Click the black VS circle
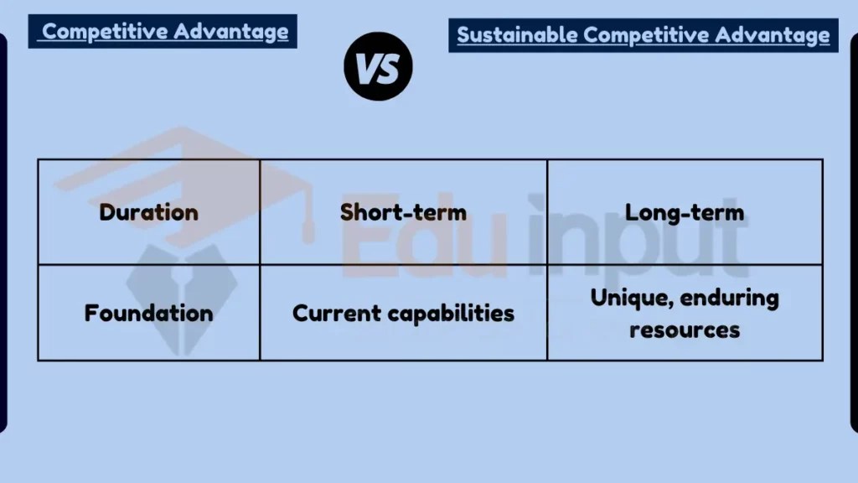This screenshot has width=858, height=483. coord(378,67)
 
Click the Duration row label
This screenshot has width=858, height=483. coord(148,212)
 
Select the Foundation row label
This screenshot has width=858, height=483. coord(148,314)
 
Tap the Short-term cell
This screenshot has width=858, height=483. coord(403,212)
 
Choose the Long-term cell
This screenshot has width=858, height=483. coord(685,212)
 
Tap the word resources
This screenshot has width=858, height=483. coord(685,330)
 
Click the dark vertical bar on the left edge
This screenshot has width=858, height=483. coord(3,235)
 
